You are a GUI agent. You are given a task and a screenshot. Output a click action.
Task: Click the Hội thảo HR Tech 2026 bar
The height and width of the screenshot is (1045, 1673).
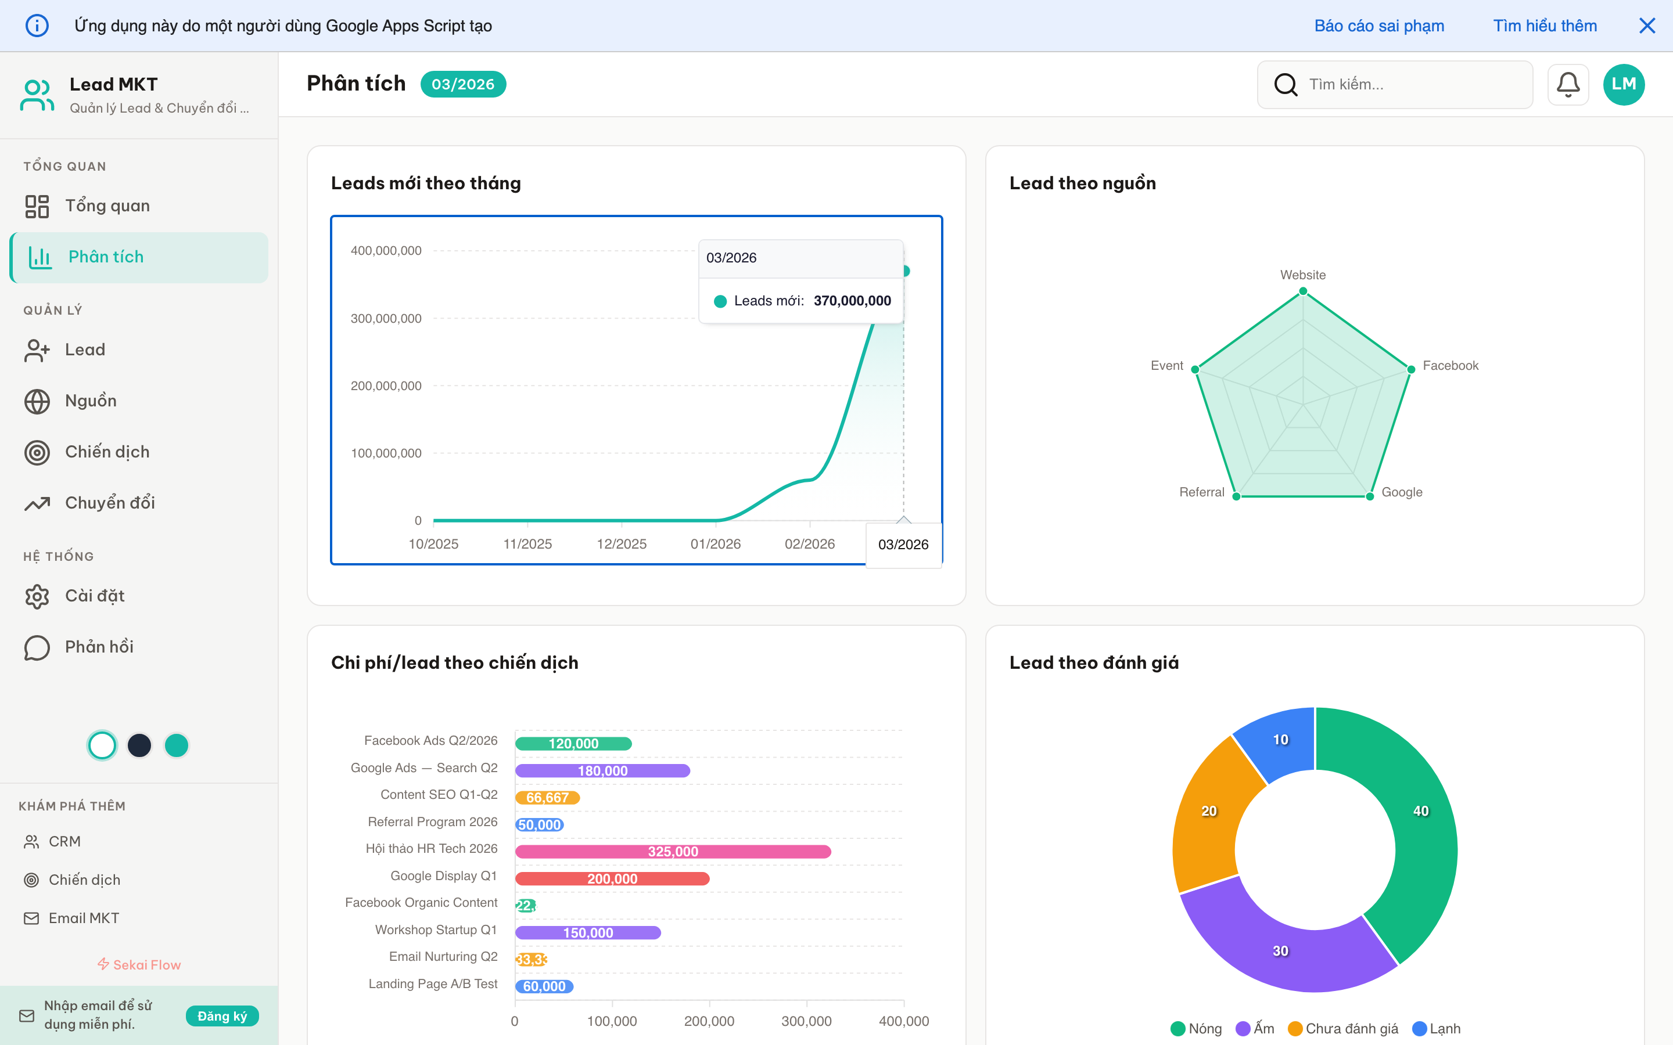[x=673, y=852]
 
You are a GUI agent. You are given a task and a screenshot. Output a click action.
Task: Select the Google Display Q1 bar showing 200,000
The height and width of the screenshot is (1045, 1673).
[x=612, y=878]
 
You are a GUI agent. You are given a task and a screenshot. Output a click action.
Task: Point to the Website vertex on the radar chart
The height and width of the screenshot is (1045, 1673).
[x=1303, y=291]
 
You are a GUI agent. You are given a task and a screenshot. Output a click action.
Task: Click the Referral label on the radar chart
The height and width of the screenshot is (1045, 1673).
[x=1201, y=492]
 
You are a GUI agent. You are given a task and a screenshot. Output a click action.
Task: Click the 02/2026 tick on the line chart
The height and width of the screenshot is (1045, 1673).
[x=810, y=544]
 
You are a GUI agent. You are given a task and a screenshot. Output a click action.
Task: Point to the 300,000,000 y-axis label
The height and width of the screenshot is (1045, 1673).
[x=386, y=319]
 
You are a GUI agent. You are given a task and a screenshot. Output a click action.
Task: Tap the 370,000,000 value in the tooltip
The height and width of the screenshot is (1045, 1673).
[x=852, y=301]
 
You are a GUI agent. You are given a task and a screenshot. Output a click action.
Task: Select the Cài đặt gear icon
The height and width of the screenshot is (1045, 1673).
[x=37, y=596]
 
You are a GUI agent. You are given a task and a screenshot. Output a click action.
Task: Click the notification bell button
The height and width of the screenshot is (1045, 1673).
[x=1567, y=84]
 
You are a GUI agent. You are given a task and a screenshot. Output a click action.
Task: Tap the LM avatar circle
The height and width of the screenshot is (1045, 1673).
[x=1623, y=84]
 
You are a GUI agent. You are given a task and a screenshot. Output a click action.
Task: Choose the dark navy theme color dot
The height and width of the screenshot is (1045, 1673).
[x=139, y=745]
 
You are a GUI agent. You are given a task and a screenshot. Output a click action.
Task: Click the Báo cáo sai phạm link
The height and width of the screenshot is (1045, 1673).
[x=1378, y=26]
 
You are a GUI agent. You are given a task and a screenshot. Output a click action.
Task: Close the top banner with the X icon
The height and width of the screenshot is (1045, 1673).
[x=1647, y=26]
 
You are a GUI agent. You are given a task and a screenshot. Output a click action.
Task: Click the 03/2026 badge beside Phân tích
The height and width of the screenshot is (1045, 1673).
[x=462, y=84]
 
